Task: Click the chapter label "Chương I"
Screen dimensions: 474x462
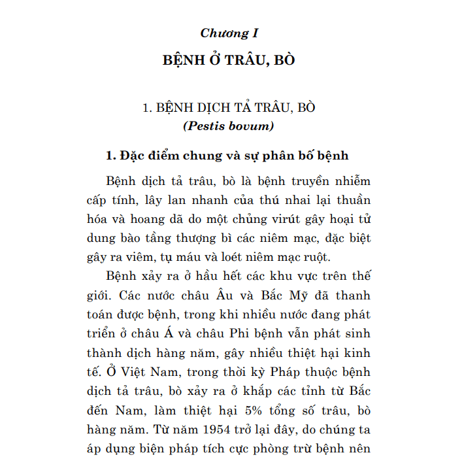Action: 225,33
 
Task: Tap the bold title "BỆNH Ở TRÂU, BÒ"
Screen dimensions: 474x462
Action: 229,60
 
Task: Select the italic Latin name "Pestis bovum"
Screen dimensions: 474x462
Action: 229,126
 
